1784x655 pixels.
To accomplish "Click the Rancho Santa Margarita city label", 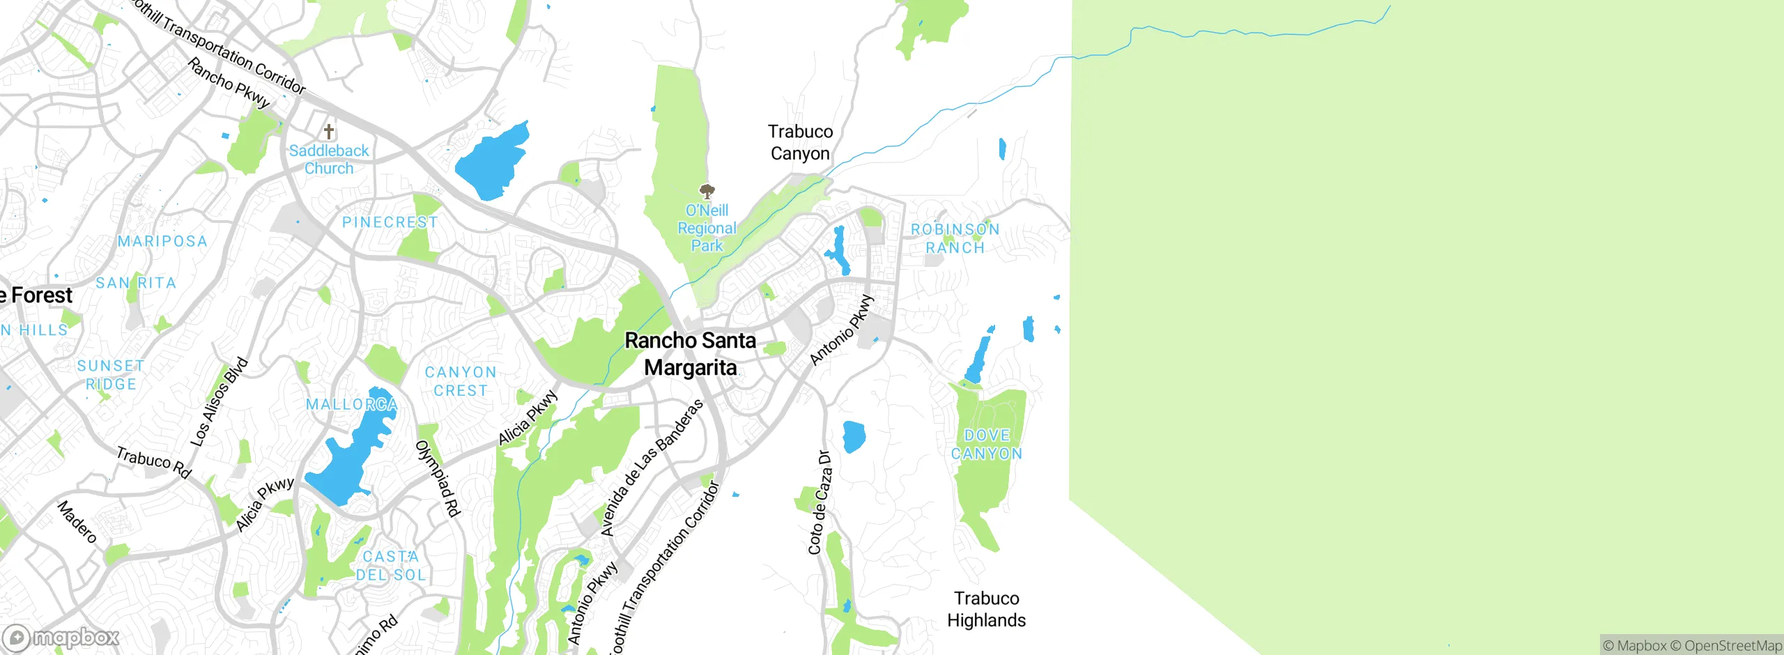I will click(x=690, y=354).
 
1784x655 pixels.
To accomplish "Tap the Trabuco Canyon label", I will click(x=800, y=142).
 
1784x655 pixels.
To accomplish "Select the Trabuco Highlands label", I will click(x=986, y=609).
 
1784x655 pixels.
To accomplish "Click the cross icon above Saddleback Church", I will click(x=329, y=131).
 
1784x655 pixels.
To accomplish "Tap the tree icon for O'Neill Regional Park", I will click(x=707, y=191).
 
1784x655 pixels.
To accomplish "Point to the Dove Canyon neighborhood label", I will click(x=987, y=445).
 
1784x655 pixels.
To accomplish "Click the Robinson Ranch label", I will click(x=955, y=238).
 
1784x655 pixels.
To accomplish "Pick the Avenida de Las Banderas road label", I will click(x=651, y=468).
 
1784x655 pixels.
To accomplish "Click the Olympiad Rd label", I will click(x=439, y=479).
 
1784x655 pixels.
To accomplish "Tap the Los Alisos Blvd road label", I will click(x=219, y=402).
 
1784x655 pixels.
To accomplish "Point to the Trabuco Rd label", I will click(x=153, y=463).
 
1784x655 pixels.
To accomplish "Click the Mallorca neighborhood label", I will click(x=352, y=404).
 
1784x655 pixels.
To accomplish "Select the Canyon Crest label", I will click(x=461, y=381).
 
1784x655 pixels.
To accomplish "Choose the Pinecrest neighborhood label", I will click(x=390, y=222).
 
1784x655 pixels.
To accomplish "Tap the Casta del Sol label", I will click(x=390, y=566).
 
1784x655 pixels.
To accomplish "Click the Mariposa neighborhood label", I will click(x=162, y=241).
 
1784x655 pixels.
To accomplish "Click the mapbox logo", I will click(x=61, y=637).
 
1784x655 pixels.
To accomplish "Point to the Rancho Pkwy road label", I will click(x=229, y=83).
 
